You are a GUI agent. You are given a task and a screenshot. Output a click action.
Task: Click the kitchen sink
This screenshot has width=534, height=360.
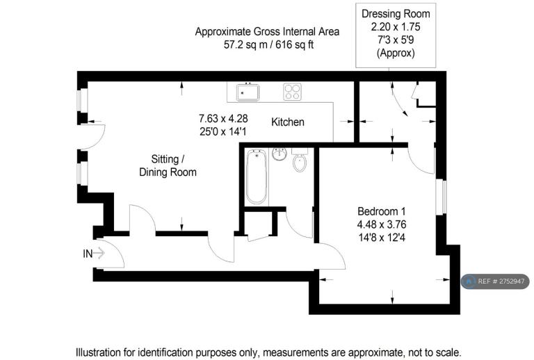248,92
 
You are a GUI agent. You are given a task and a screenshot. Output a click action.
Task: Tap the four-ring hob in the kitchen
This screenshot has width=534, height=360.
292,92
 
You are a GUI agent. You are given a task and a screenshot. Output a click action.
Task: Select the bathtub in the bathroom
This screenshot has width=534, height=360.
256,177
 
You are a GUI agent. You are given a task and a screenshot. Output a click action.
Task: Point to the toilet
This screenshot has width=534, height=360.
300,160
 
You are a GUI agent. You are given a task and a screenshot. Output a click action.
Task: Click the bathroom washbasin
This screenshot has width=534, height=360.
280,154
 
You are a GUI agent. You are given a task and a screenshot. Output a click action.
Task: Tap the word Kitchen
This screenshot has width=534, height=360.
288,122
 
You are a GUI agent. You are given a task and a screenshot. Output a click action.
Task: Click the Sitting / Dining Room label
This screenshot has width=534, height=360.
168,165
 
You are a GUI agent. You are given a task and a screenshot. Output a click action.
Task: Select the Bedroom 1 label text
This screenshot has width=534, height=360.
382,211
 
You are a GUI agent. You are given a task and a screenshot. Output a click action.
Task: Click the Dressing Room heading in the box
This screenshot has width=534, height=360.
396,14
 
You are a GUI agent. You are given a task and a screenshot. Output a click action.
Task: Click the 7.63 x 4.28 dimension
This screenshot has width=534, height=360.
223,118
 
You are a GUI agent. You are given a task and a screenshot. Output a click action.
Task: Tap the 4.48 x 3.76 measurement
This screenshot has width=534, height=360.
382,224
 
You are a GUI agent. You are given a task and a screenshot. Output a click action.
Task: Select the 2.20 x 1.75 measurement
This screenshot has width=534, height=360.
396,26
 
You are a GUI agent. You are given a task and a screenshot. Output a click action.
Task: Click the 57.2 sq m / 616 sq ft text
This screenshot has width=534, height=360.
268,44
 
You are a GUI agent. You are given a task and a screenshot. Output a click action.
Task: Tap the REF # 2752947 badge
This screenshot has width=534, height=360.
495,281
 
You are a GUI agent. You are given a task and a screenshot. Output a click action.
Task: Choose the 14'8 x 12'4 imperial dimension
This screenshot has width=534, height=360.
382,237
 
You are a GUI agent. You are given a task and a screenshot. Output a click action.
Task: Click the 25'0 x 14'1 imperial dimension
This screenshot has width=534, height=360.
223,131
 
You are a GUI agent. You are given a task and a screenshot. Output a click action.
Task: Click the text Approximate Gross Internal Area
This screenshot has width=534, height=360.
267,32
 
